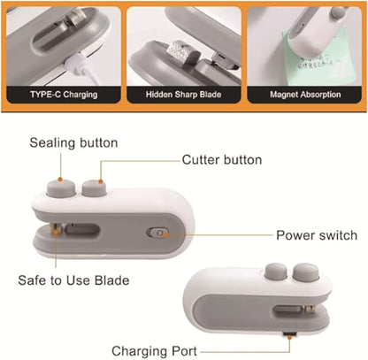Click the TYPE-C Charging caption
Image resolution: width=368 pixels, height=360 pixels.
click(64, 95)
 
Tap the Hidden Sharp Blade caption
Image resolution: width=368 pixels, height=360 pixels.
click(183, 95)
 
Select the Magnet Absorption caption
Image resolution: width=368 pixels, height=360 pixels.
click(305, 95)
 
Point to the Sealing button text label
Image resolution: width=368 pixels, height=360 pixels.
click(73, 143)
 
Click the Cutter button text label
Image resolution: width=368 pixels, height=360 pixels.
click(222, 160)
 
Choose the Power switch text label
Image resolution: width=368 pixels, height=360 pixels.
click(317, 235)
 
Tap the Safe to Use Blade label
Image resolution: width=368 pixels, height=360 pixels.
click(73, 280)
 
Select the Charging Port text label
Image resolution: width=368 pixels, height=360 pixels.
click(154, 351)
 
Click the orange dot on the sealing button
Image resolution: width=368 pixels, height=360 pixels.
click(60, 179)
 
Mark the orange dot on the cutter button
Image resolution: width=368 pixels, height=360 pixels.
click(100, 181)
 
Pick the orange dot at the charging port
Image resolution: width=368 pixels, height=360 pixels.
click(290, 337)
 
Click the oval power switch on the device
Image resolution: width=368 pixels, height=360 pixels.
click(157, 233)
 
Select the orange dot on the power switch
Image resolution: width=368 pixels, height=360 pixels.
click(166, 235)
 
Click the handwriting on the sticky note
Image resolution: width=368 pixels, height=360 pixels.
click(317, 63)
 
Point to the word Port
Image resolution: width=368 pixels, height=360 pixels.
click(184, 351)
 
